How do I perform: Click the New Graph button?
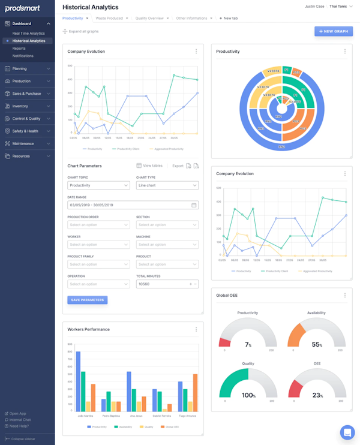point(334,31)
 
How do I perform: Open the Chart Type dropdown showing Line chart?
point(167,185)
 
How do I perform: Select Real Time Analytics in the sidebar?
point(28,34)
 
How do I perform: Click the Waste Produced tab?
point(109,19)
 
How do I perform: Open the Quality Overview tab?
point(149,19)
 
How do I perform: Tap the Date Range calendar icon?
point(194,205)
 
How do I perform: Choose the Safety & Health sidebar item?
point(25,131)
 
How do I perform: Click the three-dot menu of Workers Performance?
point(196,329)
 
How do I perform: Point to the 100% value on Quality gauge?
point(247,395)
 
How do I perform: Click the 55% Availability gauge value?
point(316,345)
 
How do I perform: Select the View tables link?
point(149,166)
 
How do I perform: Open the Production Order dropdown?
point(98,225)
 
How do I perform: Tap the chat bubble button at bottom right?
point(347,432)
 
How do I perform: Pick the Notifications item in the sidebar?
point(23,56)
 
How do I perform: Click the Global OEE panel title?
point(227,295)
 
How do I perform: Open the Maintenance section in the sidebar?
point(23,143)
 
